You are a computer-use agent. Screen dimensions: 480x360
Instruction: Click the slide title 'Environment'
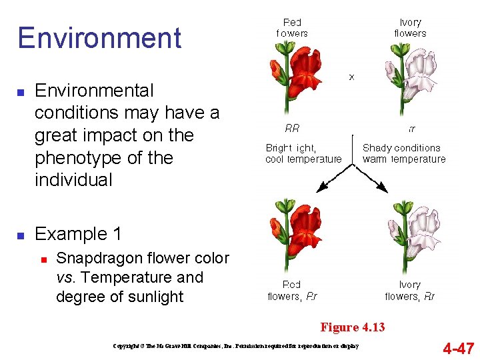coord(99,38)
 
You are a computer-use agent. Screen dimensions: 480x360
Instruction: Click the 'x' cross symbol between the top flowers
coord(351,77)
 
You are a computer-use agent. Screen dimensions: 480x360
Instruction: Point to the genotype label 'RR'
coord(292,129)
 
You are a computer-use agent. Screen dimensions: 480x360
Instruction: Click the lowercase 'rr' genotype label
coord(411,129)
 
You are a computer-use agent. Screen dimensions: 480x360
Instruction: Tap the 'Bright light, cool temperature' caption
coord(303,153)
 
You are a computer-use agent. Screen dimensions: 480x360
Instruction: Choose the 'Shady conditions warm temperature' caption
coord(403,153)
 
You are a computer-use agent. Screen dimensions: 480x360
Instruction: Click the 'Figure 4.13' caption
coord(353,327)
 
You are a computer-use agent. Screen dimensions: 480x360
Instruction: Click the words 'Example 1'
coord(78,234)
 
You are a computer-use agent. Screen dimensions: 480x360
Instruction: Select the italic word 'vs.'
coord(66,277)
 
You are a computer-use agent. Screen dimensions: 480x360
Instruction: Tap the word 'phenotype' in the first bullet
coord(73,158)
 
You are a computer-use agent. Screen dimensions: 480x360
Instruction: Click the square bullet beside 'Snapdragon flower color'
coord(42,259)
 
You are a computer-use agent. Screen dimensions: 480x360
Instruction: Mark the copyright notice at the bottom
coord(236,346)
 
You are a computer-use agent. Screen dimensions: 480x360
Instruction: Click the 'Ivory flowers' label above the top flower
coord(410,28)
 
